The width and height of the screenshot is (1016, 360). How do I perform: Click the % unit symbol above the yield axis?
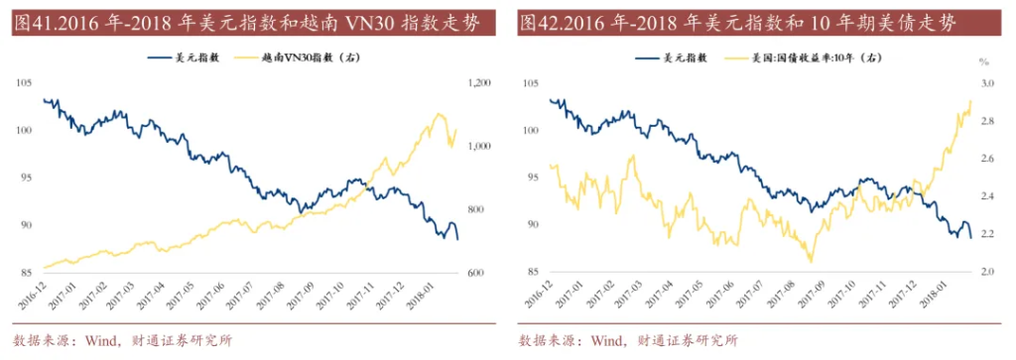pyautogui.click(x=985, y=69)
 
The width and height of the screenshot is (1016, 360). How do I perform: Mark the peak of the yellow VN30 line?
pyautogui.click(x=439, y=114)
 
